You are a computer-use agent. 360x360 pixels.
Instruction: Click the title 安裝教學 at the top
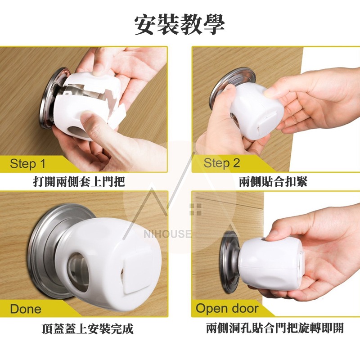[x=180, y=25]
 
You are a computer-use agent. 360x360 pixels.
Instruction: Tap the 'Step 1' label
[x=28, y=164]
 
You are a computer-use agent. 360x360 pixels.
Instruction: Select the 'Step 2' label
[x=222, y=163]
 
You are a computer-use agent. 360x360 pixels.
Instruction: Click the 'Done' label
[x=26, y=309]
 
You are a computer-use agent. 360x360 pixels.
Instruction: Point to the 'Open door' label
[x=227, y=308]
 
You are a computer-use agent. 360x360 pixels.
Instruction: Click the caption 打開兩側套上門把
[x=79, y=182]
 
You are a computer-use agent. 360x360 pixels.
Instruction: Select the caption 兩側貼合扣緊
[x=273, y=182]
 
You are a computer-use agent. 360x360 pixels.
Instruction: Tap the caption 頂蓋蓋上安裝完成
[x=88, y=328]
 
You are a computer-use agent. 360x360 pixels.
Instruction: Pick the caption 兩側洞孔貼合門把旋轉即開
[x=275, y=328]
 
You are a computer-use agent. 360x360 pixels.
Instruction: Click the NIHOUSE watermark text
[x=167, y=234]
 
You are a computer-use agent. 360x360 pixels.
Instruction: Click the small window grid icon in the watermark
[x=196, y=209]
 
